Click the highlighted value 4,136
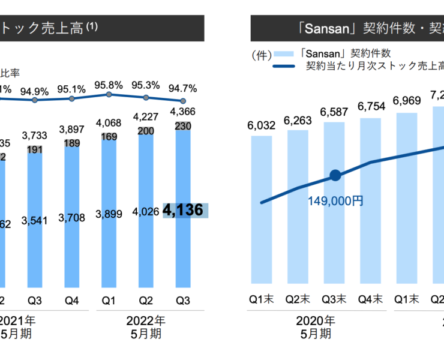pyautogui.click(x=185, y=210)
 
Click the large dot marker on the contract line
pyautogui.click(x=335, y=176)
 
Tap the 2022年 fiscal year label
pyautogui.click(x=148, y=320)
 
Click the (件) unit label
pyautogui.click(x=262, y=55)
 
